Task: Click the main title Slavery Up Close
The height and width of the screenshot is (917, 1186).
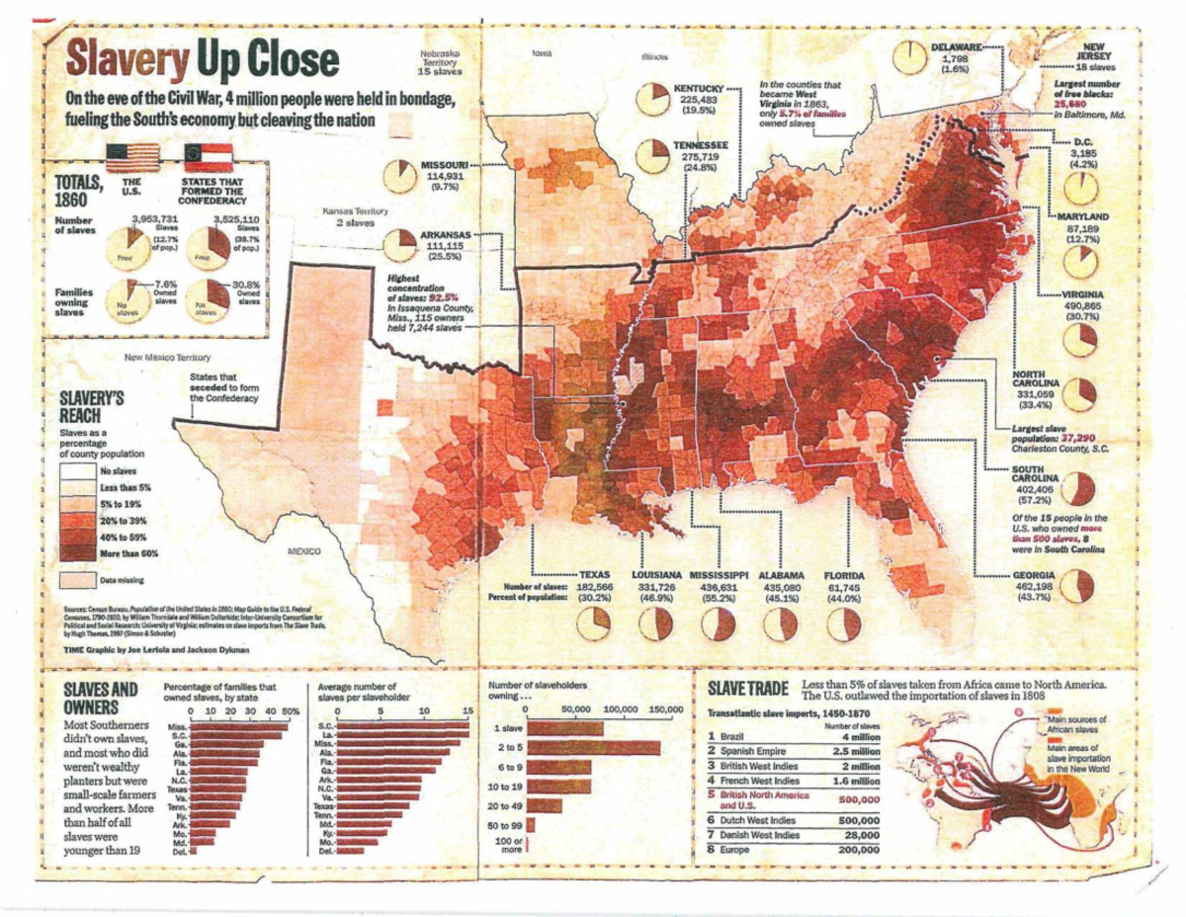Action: click(202, 62)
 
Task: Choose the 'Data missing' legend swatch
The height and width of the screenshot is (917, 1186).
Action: click(80, 579)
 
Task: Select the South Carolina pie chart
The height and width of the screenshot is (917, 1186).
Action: click(1081, 487)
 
